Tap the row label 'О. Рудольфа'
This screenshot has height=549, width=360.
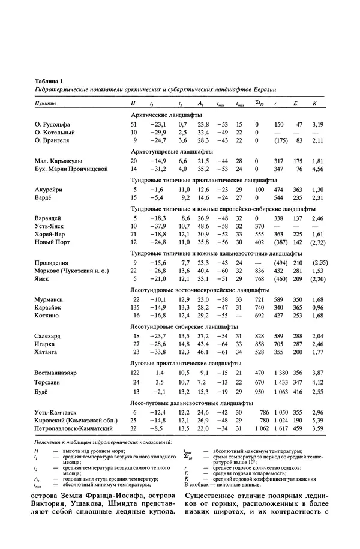tap(54, 124)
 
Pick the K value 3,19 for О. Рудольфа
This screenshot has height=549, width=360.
tap(317, 124)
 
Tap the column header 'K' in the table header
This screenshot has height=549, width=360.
tap(314, 103)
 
